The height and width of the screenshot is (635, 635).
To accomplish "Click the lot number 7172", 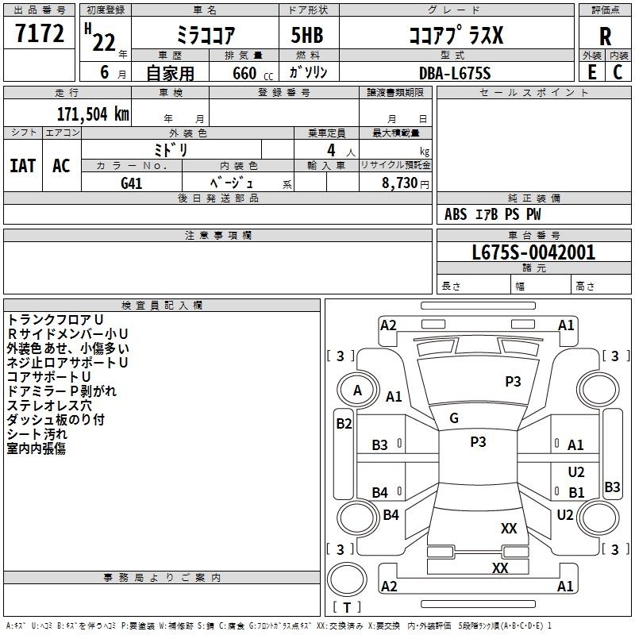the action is click(x=40, y=33).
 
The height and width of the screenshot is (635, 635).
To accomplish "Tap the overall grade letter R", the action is click(x=605, y=37).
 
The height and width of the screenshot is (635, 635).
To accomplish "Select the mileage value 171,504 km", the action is click(x=93, y=114).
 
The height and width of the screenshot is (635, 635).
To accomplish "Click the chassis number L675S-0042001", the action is click(x=533, y=252).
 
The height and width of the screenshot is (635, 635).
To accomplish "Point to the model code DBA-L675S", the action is click(x=455, y=73).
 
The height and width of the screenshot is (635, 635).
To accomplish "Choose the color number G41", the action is click(x=132, y=183).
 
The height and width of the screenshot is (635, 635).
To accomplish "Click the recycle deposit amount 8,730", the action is click(x=399, y=183).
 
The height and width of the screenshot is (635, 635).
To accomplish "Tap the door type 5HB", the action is click(x=307, y=35).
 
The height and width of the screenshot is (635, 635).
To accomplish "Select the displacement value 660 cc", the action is click(x=252, y=74).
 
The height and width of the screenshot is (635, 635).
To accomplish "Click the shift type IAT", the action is click(x=23, y=166).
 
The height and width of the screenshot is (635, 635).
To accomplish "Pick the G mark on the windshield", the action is click(x=454, y=418).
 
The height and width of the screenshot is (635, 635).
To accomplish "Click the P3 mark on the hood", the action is click(x=513, y=381).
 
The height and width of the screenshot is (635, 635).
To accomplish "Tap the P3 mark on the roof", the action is click(x=478, y=441).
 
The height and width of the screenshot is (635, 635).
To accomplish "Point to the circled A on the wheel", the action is click(x=357, y=391).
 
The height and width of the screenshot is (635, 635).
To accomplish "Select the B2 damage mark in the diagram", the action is click(x=344, y=424).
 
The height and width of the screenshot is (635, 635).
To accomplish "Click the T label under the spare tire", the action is click(x=347, y=607).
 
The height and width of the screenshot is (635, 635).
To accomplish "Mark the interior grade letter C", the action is click(x=618, y=72).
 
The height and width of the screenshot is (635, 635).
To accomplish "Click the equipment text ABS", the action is click(x=456, y=214).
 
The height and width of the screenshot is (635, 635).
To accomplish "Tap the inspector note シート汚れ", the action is click(x=37, y=434).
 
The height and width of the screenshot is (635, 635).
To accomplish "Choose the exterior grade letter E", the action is click(x=591, y=72).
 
